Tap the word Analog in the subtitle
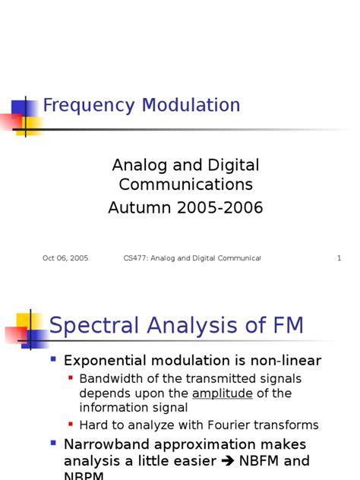point(137,165)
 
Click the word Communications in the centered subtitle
point(186,185)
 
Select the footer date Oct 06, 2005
point(65,258)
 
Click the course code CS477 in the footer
point(135,258)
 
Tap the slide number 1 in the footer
point(339,258)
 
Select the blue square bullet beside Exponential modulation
point(53,358)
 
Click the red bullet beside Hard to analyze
point(71,424)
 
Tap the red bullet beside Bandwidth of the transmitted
point(71,377)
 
